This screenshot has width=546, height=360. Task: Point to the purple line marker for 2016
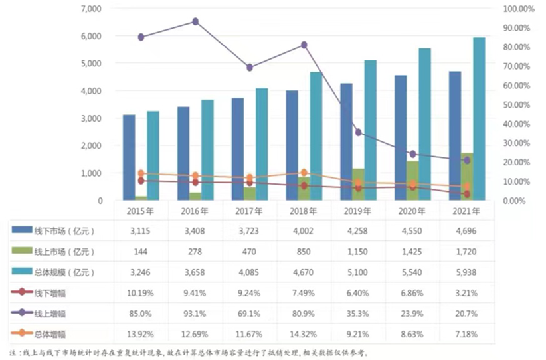click(195, 21)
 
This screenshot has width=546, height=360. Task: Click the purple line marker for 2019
click(359, 132)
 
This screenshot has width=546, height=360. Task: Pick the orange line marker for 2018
click(304, 173)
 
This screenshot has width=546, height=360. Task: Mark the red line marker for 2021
click(467, 194)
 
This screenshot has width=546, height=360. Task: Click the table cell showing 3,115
click(140, 231)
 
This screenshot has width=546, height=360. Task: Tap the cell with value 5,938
click(467, 272)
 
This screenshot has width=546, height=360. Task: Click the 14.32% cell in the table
click(304, 332)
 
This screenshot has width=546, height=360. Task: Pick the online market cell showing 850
click(304, 252)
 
